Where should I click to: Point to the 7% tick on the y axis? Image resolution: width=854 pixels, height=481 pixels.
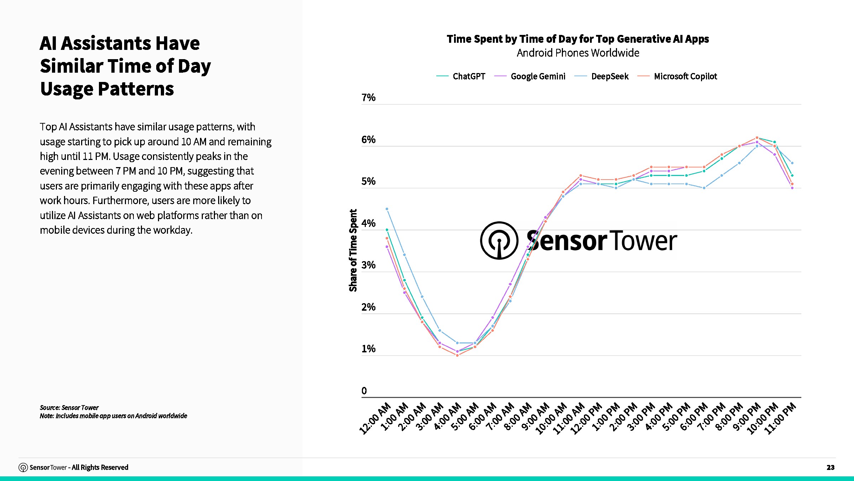[368, 98]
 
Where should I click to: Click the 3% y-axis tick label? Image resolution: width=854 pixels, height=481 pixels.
[368, 265]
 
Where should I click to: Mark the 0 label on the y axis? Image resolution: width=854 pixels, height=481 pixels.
[364, 391]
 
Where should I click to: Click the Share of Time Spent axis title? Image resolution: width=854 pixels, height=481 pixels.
[353, 250]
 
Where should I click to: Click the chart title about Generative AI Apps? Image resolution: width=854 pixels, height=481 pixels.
[578, 39]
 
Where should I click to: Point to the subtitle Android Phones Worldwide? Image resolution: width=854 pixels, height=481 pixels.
[578, 53]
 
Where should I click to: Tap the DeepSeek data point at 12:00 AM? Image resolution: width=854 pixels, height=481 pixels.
[387, 209]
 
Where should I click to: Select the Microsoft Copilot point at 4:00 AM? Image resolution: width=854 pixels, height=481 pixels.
[457, 355]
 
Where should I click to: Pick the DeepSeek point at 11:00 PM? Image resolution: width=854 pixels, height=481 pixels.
[792, 163]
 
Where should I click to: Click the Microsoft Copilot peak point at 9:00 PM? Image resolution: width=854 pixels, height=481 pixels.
[757, 138]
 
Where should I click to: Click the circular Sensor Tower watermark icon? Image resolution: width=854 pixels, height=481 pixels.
[499, 240]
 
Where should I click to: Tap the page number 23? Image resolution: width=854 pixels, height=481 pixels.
[830, 467]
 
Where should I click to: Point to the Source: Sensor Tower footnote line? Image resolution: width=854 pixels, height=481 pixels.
[69, 407]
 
